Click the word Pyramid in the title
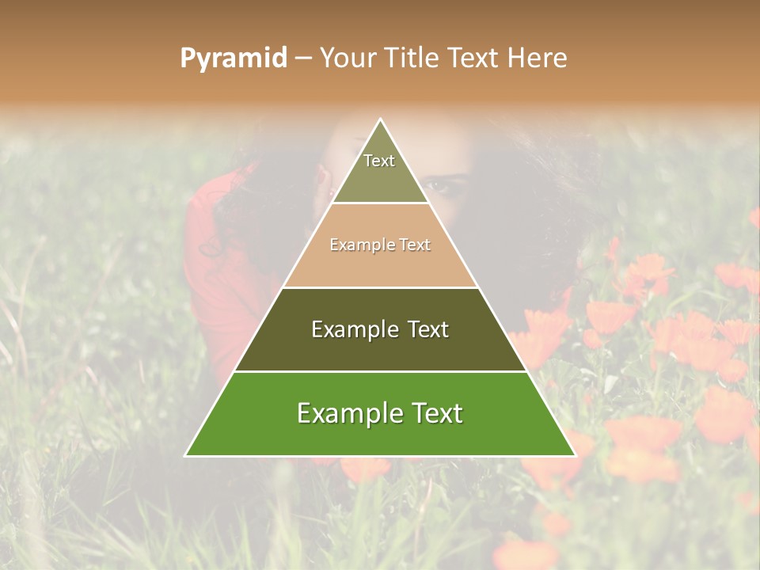pyautogui.click(x=233, y=59)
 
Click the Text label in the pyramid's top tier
pyautogui.click(x=379, y=161)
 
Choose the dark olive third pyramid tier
pyautogui.click(x=380, y=348)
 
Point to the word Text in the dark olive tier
pyautogui.click(x=419, y=329)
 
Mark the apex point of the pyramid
pyautogui.click(x=381, y=120)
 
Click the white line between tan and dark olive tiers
pyautogui.click(x=380, y=287)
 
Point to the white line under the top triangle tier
pyautogui.click(x=380, y=203)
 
